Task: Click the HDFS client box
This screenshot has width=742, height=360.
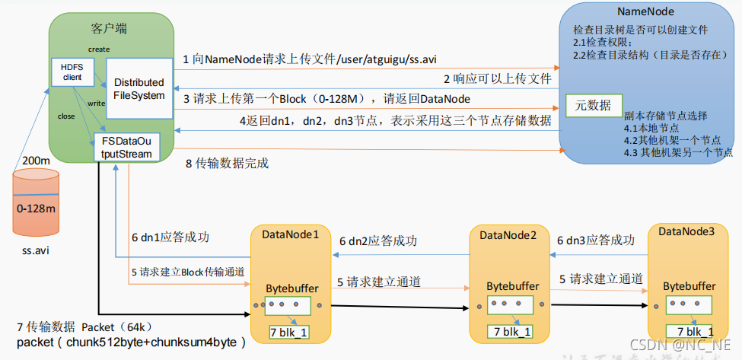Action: click(72, 71)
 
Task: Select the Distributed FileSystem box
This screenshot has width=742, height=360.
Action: click(138, 88)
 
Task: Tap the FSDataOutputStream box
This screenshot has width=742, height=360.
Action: click(124, 147)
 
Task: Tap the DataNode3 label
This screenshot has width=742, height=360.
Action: click(686, 231)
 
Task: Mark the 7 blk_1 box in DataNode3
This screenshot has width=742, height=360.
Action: click(689, 331)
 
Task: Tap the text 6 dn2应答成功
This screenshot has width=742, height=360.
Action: click(378, 241)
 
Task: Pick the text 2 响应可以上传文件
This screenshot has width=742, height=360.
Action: click(498, 78)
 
